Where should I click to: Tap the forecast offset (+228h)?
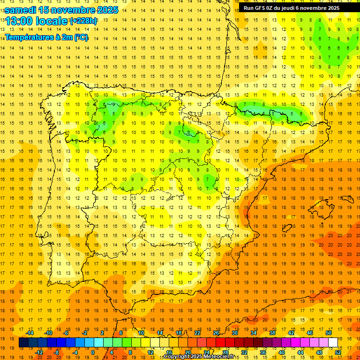point(83,21)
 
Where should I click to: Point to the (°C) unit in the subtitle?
point(80,37)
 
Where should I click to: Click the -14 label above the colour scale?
point(30,333)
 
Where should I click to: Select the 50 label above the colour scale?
point(328,333)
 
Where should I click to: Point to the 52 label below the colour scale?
point(337,352)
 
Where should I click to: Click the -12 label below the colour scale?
point(39,352)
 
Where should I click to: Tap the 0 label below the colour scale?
point(92,352)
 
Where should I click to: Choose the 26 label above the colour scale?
point(216,333)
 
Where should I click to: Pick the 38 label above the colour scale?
point(272,333)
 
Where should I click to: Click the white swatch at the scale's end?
point(333,343)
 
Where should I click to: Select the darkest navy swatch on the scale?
point(23,343)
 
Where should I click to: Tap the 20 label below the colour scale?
point(188,352)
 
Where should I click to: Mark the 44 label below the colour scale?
point(300,352)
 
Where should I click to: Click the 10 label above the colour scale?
point(141,333)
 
